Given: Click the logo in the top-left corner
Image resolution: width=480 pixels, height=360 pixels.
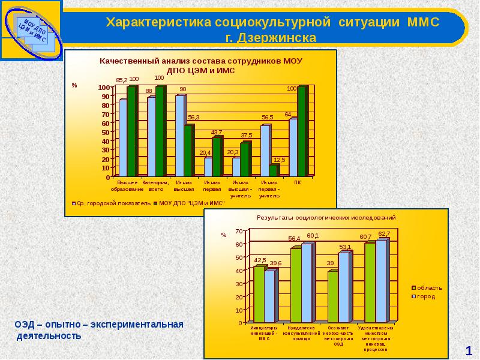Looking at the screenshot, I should [31, 29].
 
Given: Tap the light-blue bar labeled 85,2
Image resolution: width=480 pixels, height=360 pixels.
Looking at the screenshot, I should [122, 138].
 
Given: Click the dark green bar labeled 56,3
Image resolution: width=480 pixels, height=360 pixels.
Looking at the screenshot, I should [188, 151].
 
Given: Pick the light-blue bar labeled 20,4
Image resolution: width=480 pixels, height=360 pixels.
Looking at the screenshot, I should [208, 167].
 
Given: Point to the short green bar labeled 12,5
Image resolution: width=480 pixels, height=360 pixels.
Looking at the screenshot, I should [273, 171].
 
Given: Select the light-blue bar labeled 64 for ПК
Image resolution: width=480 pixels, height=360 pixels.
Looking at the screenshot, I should [293, 148].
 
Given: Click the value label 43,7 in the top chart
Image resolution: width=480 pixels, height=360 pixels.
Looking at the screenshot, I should [216, 132].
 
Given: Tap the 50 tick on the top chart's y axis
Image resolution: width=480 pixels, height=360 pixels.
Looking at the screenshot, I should [106, 132].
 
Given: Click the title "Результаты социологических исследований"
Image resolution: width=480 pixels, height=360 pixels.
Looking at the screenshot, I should [326, 217].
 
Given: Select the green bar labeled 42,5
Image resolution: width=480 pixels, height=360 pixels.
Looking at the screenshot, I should [259, 294].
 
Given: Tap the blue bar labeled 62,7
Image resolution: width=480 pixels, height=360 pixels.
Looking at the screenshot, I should [381, 281].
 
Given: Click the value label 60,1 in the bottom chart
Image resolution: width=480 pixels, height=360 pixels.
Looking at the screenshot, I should [313, 236].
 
